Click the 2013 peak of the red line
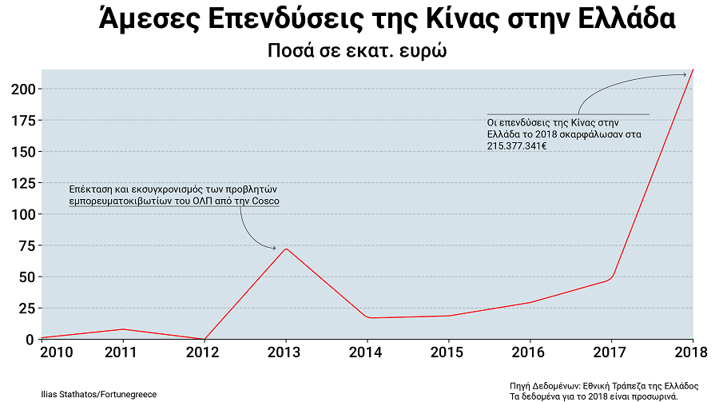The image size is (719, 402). point(285,249)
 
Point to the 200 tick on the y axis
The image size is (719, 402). point(23,89)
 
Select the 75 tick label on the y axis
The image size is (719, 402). point(26,246)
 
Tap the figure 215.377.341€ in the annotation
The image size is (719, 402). point(517,146)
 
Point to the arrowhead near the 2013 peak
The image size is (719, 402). point(274,249)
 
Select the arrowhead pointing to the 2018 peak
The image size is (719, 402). point(684,75)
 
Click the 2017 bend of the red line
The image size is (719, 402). point(611,277)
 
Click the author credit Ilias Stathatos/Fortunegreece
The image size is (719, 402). point(98,394)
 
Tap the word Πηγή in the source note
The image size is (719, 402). point(520,385)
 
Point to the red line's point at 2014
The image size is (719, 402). point(368,318)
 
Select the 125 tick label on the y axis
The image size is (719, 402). point(23,183)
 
